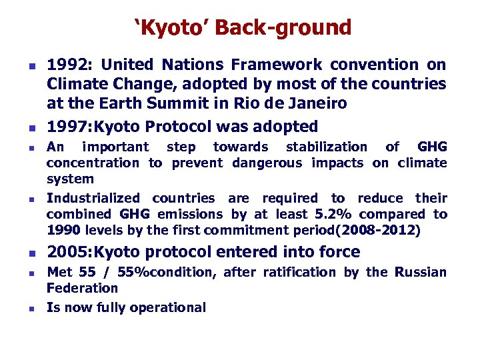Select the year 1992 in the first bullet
click(69, 65)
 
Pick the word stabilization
click(326, 147)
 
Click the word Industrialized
click(93, 198)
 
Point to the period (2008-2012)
click(377, 231)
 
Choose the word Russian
click(420, 272)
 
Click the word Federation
click(81, 289)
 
